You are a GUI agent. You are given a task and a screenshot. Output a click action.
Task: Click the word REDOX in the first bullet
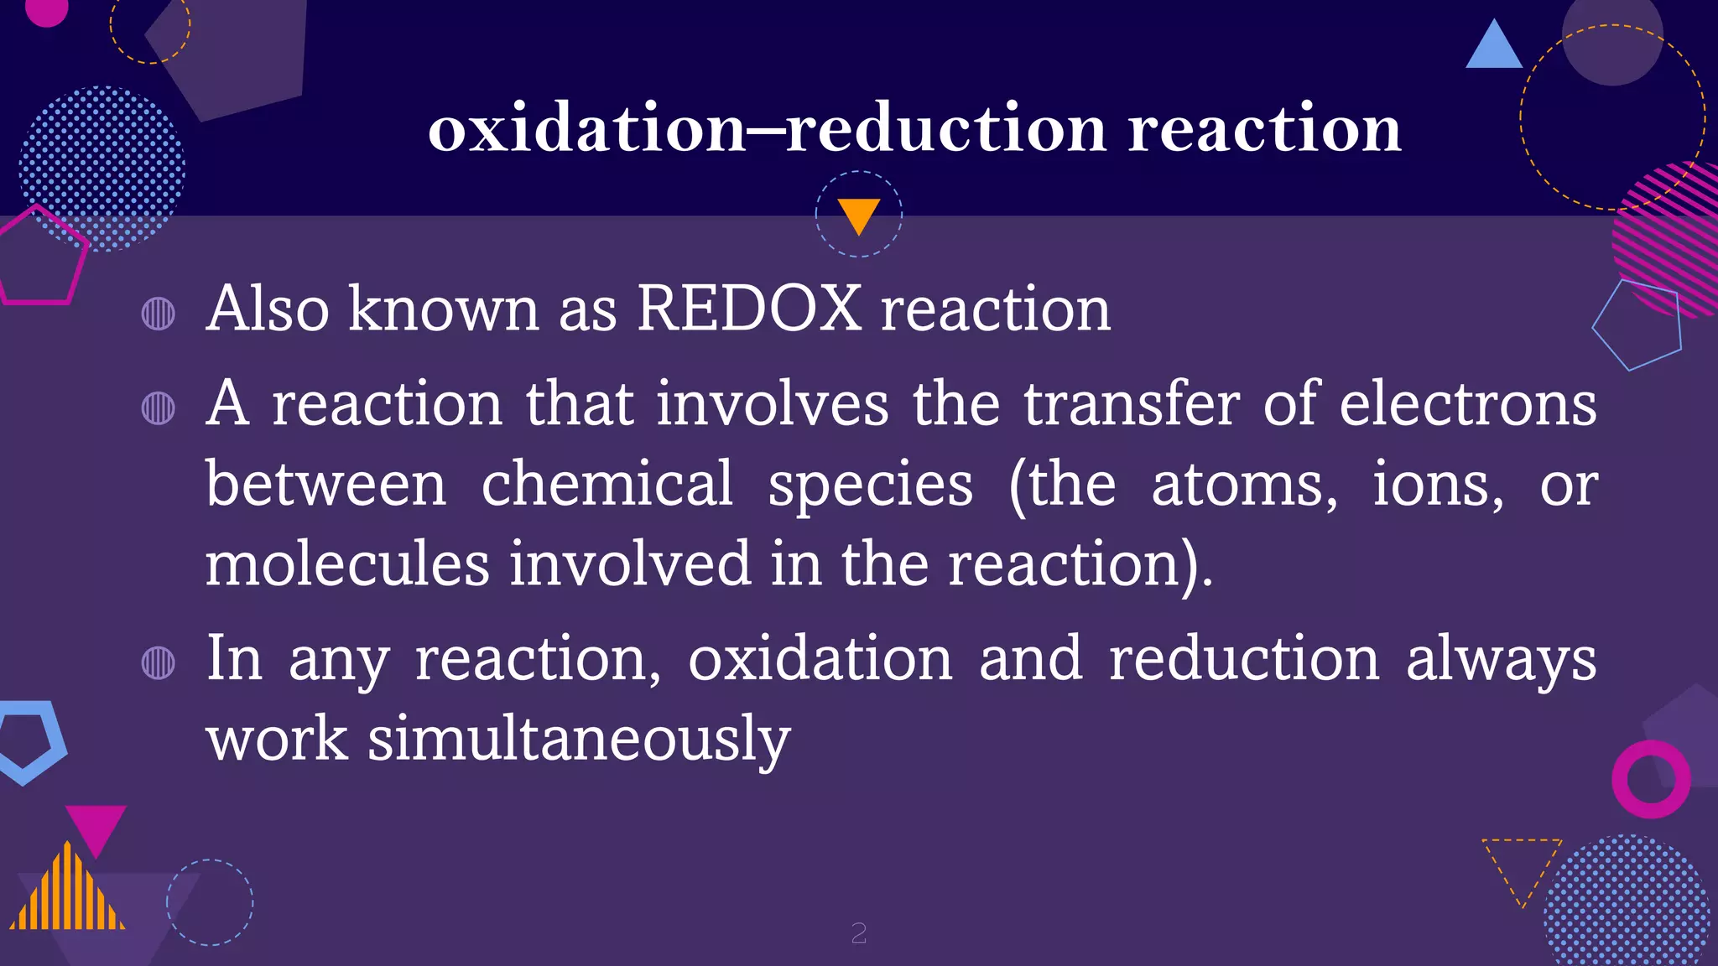(x=748, y=309)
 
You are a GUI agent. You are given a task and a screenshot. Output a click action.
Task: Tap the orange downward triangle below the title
(x=858, y=214)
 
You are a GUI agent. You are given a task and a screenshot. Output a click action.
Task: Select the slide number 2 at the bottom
(x=858, y=932)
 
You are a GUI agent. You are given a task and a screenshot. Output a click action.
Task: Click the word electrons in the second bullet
(x=1467, y=404)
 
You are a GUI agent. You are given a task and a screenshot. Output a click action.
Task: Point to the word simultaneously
(x=579, y=740)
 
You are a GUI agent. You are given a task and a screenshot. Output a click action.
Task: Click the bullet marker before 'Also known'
(x=159, y=314)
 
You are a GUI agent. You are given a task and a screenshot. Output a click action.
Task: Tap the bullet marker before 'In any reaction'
(x=159, y=662)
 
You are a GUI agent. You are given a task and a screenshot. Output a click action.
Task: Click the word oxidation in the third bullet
(x=820, y=659)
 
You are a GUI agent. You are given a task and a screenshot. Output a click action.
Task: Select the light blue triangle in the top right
(x=1493, y=47)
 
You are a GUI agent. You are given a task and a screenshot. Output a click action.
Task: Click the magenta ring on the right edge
(x=1650, y=779)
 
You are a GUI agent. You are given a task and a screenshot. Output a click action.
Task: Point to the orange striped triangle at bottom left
(x=67, y=892)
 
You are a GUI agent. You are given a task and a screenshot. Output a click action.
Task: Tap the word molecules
(x=347, y=563)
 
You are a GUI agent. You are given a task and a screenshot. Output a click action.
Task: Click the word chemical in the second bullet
(x=607, y=484)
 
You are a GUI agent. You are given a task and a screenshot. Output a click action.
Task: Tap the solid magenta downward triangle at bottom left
(x=96, y=826)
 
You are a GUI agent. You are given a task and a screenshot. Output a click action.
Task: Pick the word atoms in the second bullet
(x=1243, y=486)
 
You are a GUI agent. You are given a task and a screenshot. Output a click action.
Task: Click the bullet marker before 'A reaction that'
(x=159, y=408)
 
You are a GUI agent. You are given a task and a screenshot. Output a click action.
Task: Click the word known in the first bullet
(x=443, y=309)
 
